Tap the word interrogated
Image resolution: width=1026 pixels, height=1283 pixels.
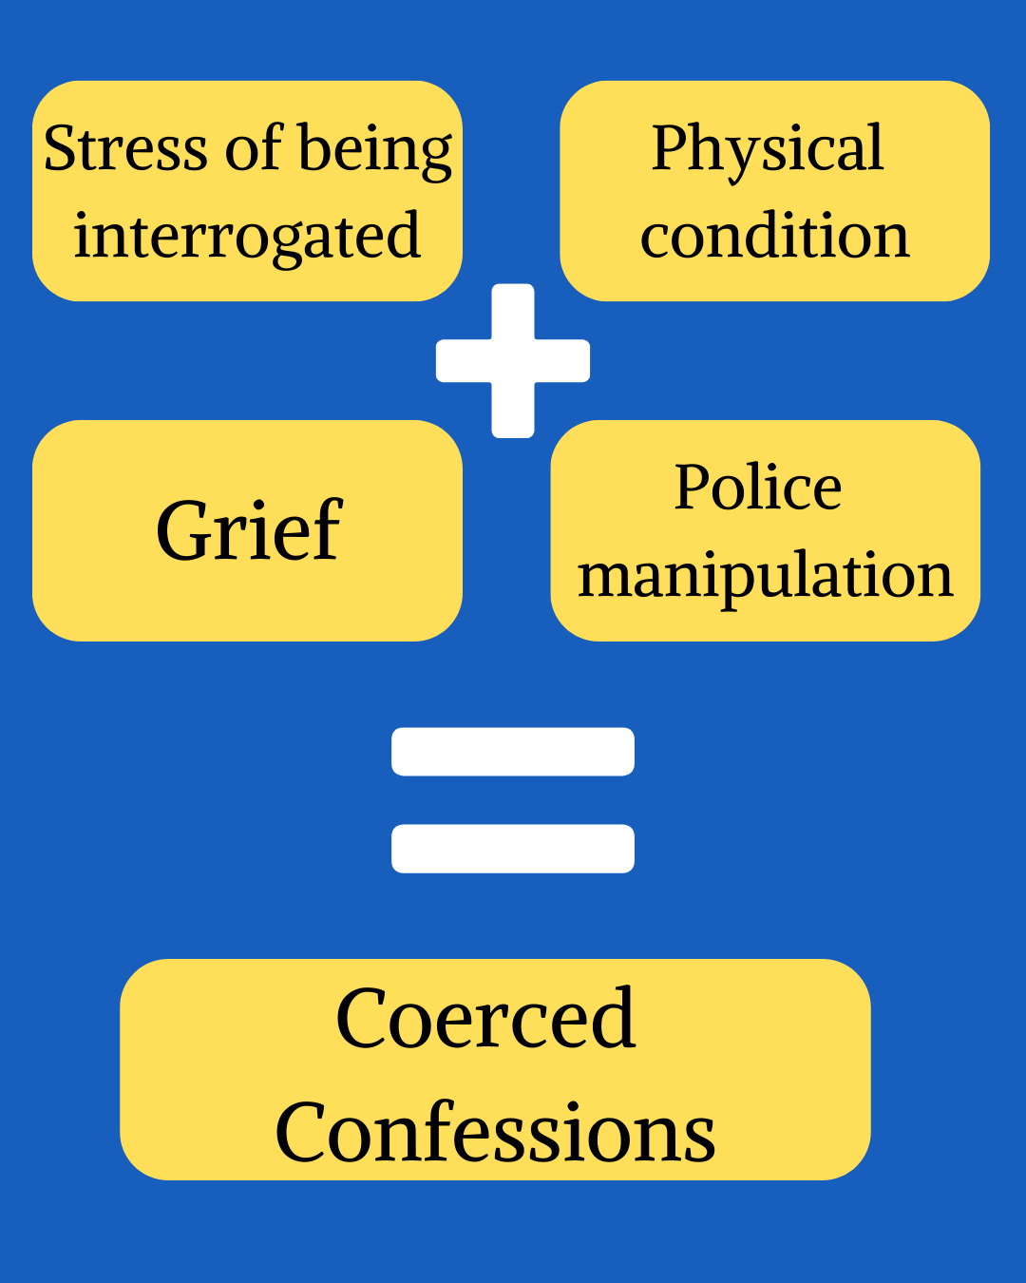[247, 236]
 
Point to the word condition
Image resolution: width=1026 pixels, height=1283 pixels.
[774, 236]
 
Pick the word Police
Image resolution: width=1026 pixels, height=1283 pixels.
[758, 488]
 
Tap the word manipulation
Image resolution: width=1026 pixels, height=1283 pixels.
[765, 576]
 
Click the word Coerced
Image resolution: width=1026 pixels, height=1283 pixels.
[485, 1019]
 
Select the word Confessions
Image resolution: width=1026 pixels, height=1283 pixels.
[495, 1133]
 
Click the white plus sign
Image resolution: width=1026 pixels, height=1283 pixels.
[513, 361]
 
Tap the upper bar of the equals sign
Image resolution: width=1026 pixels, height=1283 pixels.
[513, 752]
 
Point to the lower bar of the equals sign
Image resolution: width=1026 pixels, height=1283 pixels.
[513, 848]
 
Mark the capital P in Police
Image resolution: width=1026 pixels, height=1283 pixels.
[691, 488]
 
